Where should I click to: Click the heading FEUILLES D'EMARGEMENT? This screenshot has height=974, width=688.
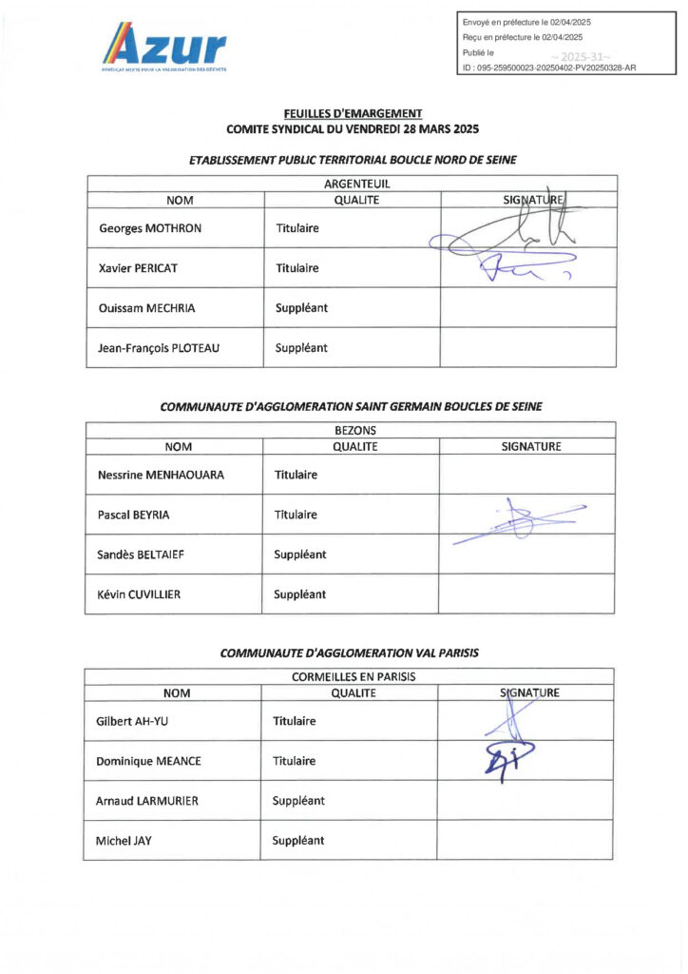tap(352, 113)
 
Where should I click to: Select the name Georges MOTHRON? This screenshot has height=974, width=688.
tap(150, 228)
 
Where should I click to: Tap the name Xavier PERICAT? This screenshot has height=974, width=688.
tap(138, 268)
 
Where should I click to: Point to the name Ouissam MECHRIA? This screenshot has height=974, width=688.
tap(144, 308)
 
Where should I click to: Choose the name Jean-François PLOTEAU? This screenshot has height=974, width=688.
tap(159, 348)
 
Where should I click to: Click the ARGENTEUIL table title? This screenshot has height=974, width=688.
tap(352, 184)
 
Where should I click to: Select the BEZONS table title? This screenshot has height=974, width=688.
tap(350, 430)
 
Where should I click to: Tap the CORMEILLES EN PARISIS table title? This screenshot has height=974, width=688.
tap(349, 676)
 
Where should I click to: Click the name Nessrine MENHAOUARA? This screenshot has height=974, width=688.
tap(161, 475)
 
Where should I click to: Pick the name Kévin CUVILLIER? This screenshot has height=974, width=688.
tap(139, 594)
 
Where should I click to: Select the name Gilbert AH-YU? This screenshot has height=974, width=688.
tap(132, 721)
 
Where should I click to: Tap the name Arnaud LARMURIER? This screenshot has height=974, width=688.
tap(147, 801)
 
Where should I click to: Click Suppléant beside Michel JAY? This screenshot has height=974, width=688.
tap(298, 841)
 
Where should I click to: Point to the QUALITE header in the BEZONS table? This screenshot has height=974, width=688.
tap(354, 446)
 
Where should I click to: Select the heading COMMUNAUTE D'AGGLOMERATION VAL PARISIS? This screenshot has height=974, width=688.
tap(350, 653)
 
